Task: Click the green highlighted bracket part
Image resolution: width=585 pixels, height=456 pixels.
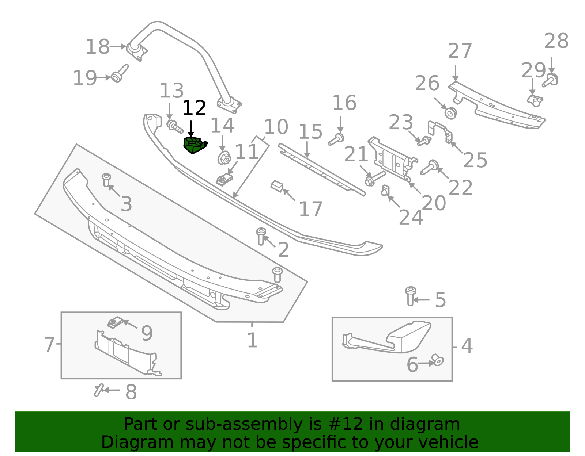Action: coord(195,145)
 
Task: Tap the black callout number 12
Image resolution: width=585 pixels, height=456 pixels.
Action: coord(194,108)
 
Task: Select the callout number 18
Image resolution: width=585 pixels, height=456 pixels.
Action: coord(97,47)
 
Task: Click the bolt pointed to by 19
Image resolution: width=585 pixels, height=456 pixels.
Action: coord(119,74)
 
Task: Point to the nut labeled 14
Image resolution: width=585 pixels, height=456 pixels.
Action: coord(224,158)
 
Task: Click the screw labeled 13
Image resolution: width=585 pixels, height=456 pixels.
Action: coord(175,126)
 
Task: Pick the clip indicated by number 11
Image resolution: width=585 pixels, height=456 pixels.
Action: coord(224,179)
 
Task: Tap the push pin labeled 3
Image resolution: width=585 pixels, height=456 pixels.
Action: coord(106,180)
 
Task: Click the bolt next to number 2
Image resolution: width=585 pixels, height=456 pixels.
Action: coord(261,236)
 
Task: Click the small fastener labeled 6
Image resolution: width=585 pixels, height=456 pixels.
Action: coord(437,360)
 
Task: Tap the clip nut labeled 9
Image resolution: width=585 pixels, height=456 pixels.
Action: coord(115,323)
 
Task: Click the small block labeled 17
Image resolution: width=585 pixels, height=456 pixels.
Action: coord(277,187)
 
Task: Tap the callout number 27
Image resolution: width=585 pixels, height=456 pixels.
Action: coord(460,51)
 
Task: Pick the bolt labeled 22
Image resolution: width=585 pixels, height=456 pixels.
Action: coord(429,168)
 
